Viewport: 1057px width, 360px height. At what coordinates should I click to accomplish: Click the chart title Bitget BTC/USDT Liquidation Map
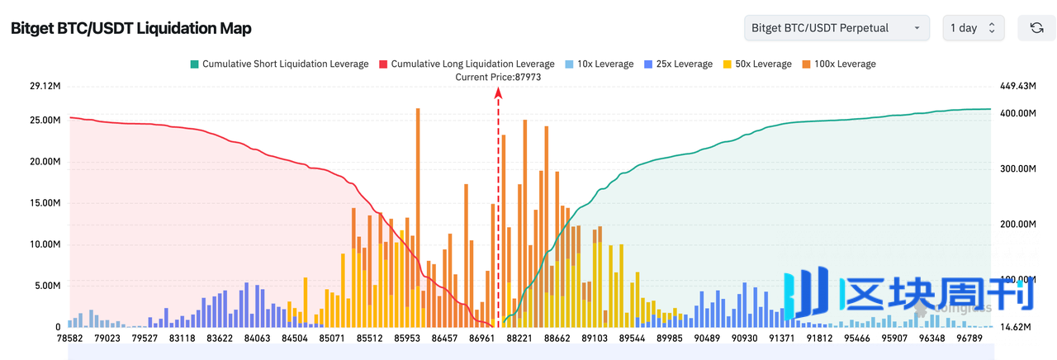(x=130, y=28)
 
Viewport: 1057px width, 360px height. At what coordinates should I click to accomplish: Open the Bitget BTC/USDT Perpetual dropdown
(x=836, y=28)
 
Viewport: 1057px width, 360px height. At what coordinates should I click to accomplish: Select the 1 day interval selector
(x=974, y=28)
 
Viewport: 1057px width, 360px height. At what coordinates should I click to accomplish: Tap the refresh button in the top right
(x=1036, y=28)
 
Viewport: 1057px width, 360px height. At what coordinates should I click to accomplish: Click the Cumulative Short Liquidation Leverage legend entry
(x=278, y=64)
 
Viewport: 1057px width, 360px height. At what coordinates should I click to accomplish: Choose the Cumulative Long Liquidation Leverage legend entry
(x=467, y=64)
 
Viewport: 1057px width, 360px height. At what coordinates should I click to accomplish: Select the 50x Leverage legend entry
(x=756, y=64)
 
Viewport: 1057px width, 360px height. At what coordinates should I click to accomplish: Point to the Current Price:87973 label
(x=498, y=77)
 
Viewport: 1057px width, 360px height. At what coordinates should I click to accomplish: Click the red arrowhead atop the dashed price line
(x=498, y=93)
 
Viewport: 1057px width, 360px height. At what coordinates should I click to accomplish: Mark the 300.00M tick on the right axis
(x=1017, y=168)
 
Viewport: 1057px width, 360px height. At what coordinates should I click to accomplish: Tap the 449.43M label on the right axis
(x=1017, y=86)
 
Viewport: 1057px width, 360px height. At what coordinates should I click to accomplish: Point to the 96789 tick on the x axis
(x=967, y=338)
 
